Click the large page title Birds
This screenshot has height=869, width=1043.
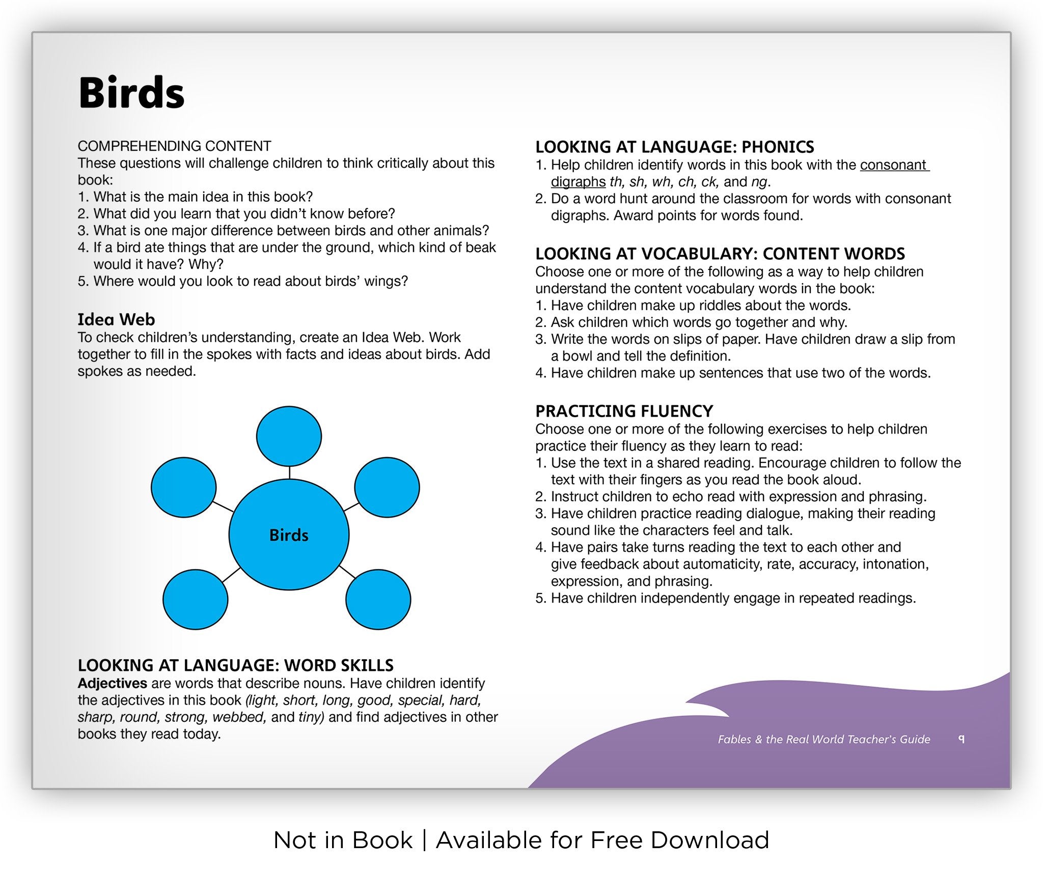(x=131, y=93)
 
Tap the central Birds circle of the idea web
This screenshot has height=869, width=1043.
(x=289, y=535)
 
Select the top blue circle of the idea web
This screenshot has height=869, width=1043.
(x=289, y=436)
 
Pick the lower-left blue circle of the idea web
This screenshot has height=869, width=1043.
(x=195, y=600)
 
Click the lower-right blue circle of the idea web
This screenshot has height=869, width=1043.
(x=378, y=600)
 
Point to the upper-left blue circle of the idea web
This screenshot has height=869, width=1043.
(x=183, y=487)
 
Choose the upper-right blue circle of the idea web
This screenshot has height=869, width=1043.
(x=387, y=487)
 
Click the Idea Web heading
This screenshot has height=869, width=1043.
(x=116, y=319)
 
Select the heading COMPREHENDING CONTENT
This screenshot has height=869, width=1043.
(x=174, y=146)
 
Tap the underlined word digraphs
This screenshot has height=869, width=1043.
(x=578, y=182)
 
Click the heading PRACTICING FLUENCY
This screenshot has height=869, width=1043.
(x=624, y=411)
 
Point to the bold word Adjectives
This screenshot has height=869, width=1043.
(x=113, y=683)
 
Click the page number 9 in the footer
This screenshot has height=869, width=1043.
(x=961, y=739)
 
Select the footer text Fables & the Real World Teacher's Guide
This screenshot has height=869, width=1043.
(x=824, y=739)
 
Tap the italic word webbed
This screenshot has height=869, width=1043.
(x=238, y=717)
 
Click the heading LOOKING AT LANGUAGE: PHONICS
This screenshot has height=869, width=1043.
(x=674, y=147)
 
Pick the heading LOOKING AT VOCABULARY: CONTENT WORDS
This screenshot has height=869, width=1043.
(x=720, y=254)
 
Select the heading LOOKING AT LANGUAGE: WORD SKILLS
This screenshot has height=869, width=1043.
(x=235, y=665)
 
